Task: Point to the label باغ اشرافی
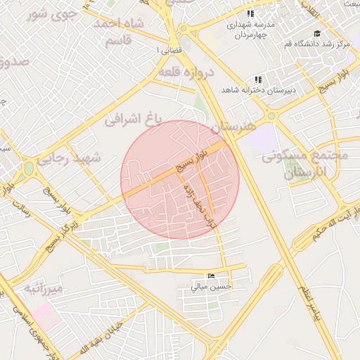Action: coord(134,119)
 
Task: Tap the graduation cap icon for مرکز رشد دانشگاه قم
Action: coord(317,34)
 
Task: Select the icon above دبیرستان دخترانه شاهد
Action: coord(258,79)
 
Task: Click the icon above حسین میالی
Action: coord(212,276)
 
